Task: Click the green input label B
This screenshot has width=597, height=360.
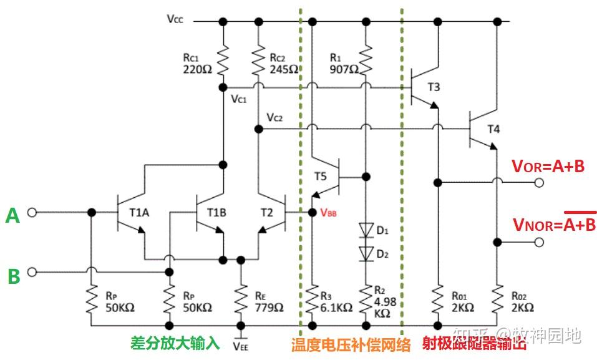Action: (14, 276)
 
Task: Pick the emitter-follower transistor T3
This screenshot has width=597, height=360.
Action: (421, 87)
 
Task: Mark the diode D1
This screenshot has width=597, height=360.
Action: (366, 230)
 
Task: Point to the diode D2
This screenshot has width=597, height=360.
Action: (366, 252)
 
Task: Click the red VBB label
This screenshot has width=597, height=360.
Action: (329, 212)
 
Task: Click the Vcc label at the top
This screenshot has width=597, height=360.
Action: (175, 19)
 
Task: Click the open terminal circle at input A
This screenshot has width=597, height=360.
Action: (32, 213)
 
